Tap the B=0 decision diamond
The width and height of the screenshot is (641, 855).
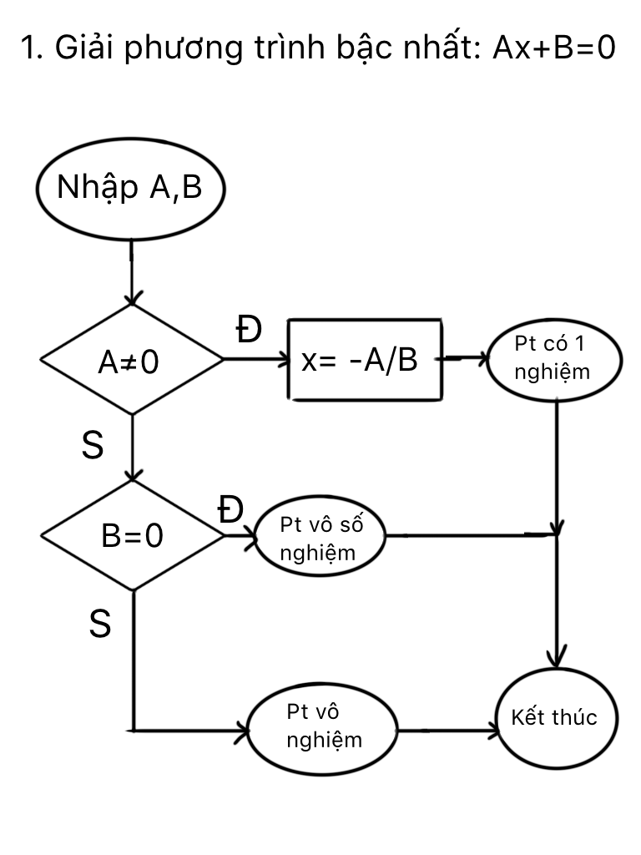click(x=132, y=535)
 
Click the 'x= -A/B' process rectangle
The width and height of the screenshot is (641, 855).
click(x=365, y=360)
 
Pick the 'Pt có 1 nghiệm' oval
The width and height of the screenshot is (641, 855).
click(x=554, y=360)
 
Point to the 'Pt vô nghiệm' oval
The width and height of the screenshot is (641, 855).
click(x=324, y=727)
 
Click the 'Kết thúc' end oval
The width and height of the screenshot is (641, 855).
click(x=554, y=718)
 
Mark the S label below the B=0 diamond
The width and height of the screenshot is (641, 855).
click(x=99, y=624)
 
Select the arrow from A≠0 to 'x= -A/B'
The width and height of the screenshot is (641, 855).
click(x=255, y=360)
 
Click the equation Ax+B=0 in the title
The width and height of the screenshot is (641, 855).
click(x=553, y=50)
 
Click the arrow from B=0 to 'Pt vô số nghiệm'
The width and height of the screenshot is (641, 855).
click(x=240, y=537)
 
